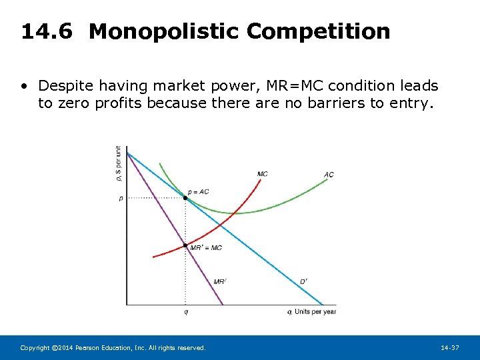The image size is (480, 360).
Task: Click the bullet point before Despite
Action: [25, 86]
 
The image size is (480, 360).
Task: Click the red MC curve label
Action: [263, 174]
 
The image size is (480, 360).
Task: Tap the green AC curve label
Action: [329, 175]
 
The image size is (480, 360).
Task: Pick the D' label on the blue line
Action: [303, 281]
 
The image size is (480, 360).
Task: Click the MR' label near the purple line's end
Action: [219, 282]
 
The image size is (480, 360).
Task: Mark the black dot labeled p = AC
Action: [185, 198]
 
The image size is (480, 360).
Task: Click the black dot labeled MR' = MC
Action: [185, 246]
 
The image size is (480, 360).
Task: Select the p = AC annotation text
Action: [198, 192]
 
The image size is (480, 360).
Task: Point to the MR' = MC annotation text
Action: [206, 248]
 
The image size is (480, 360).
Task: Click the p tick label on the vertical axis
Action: [121, 198]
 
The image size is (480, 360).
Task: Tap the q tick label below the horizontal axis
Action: [185, 311]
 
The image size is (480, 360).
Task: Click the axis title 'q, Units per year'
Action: [312, 311]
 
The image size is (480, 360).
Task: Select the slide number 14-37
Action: [450, 348]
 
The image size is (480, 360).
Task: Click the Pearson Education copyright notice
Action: [113, 348]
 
